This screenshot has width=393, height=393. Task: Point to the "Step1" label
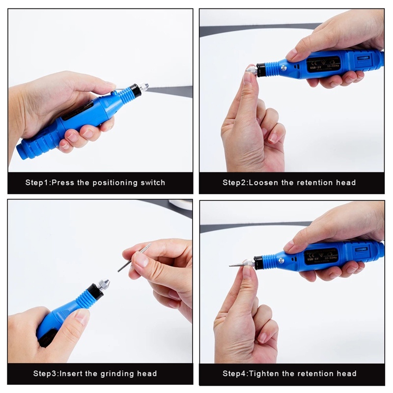pyautogui.click(x=37, y=183)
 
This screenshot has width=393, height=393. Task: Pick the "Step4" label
pyautogui.click(x=235, y=374)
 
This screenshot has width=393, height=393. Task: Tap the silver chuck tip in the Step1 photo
pyautogui.click(x=144, y=87)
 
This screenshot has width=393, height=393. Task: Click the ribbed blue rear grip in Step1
pyautogui.click(x=34, y=145)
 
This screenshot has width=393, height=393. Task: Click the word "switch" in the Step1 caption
pyautogui.click(x=152, y=183)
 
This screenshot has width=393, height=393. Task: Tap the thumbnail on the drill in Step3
pyautogui.click(x=82, y=315)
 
